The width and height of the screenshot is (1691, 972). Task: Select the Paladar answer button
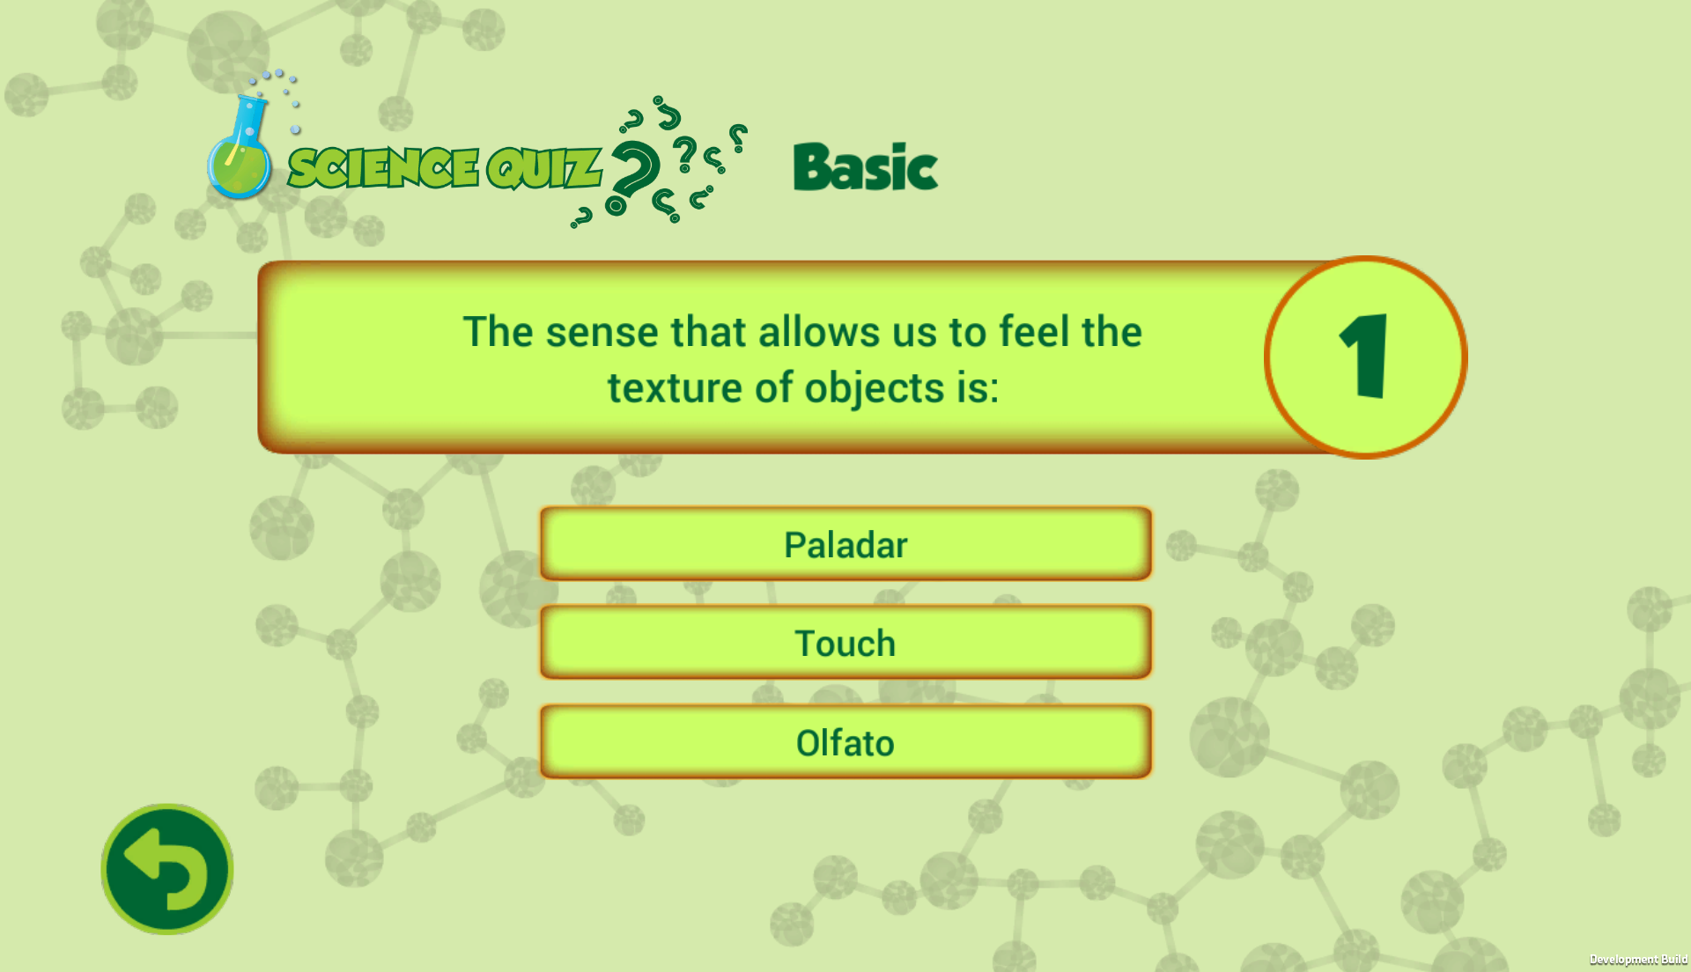(845, 544)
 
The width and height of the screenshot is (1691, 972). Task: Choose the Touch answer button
(845, 643)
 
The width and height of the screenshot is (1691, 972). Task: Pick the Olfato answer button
(845, 742)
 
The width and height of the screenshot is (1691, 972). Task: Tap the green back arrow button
(167, 869)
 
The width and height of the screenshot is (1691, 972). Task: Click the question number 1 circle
(1365, 357)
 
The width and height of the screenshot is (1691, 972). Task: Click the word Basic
(866, 167)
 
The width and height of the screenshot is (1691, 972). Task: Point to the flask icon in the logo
(240, 145)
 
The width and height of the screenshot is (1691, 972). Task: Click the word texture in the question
(675, 388)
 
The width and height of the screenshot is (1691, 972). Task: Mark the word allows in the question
(819, 332)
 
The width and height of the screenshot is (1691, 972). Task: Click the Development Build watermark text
(1638, 960)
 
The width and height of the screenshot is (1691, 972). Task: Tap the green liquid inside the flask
(240, 170)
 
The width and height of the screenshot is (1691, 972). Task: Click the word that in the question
(708, 332)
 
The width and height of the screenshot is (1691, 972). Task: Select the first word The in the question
(498, 332)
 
